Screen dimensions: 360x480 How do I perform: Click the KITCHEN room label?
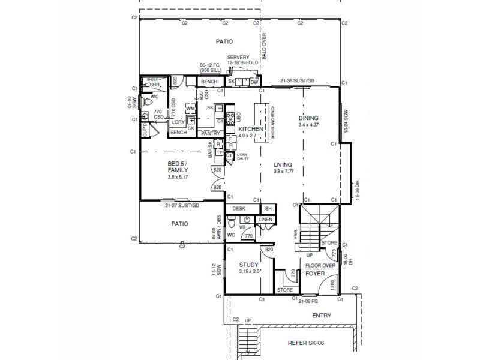251,130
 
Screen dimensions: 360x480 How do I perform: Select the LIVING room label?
283,164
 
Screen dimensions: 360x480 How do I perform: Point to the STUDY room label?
248,264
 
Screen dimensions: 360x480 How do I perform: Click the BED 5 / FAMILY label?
177,167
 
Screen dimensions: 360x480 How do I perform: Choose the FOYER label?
315,273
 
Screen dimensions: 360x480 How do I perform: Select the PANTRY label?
210,133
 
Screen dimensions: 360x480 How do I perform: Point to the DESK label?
239,209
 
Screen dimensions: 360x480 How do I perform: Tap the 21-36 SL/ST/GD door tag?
297,81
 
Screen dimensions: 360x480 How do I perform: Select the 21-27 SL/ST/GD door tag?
181,205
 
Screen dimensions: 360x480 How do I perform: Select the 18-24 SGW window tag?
346,119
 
